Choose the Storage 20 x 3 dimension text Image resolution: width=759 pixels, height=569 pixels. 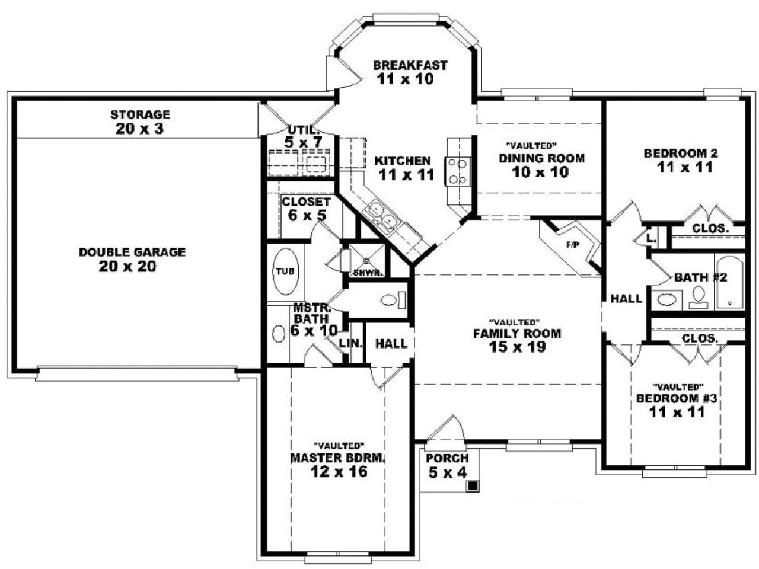point(140,128)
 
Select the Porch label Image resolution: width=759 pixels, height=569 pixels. point(447,458)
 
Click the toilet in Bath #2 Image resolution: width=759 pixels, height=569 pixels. point(699,295)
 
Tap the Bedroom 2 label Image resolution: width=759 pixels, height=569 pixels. point(681,154)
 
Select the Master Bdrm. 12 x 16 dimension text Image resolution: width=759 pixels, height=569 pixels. point(338,471)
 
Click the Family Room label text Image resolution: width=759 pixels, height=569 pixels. point(516,334)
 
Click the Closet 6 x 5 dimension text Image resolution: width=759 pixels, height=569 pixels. point(307,215)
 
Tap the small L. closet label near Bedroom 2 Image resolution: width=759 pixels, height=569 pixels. point(651,238)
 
